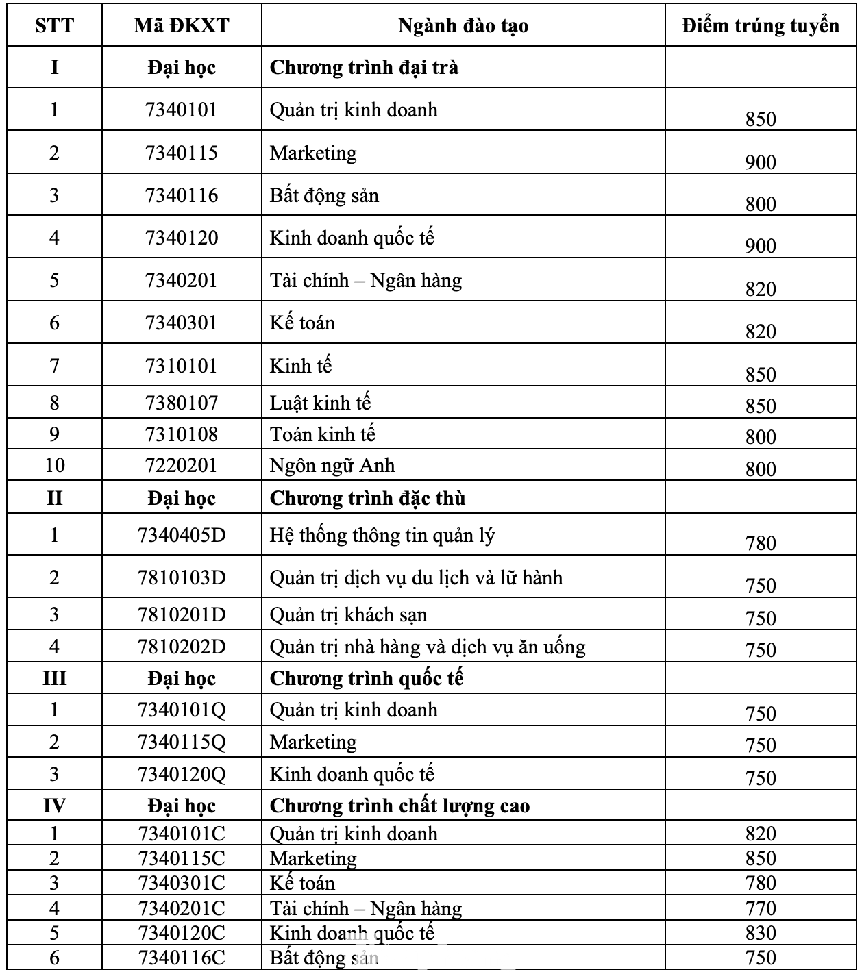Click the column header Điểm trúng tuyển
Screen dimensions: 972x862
click(x=761, y=26)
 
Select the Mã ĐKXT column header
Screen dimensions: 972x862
click(x=182, y=26)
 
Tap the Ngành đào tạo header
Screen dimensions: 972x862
click(x=463, y=26)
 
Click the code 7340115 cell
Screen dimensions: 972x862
click(x=182, y=153)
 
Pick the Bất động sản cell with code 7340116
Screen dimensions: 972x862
click(x=324, y=196)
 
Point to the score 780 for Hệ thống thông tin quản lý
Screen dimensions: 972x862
click(x=761, y=543)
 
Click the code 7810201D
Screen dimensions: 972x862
click(x=182, y=614)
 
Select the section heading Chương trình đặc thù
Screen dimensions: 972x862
click(x=367, y=498)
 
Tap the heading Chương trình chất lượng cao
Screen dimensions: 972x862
click(x=399, y=806)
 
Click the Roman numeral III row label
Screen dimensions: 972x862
click(x=55, y=678)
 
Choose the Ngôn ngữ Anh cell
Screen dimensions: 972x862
click(x=332, y=466)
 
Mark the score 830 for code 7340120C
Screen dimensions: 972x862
click(x=761, y=933)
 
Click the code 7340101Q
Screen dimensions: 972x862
click(x=182, y=710)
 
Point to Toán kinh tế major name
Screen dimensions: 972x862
click(x=323, y=434)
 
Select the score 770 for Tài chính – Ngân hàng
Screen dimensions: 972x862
click(x=761, y=908)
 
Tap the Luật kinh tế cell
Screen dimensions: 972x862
click(x=320, y=403)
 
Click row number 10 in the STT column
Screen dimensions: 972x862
click(x=55, y=466)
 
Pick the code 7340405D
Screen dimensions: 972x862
click(x=182, y=535)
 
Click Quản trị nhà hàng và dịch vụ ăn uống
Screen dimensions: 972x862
click(x=428, y=647)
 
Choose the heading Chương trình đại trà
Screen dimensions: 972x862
click(x=364, y=67)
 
